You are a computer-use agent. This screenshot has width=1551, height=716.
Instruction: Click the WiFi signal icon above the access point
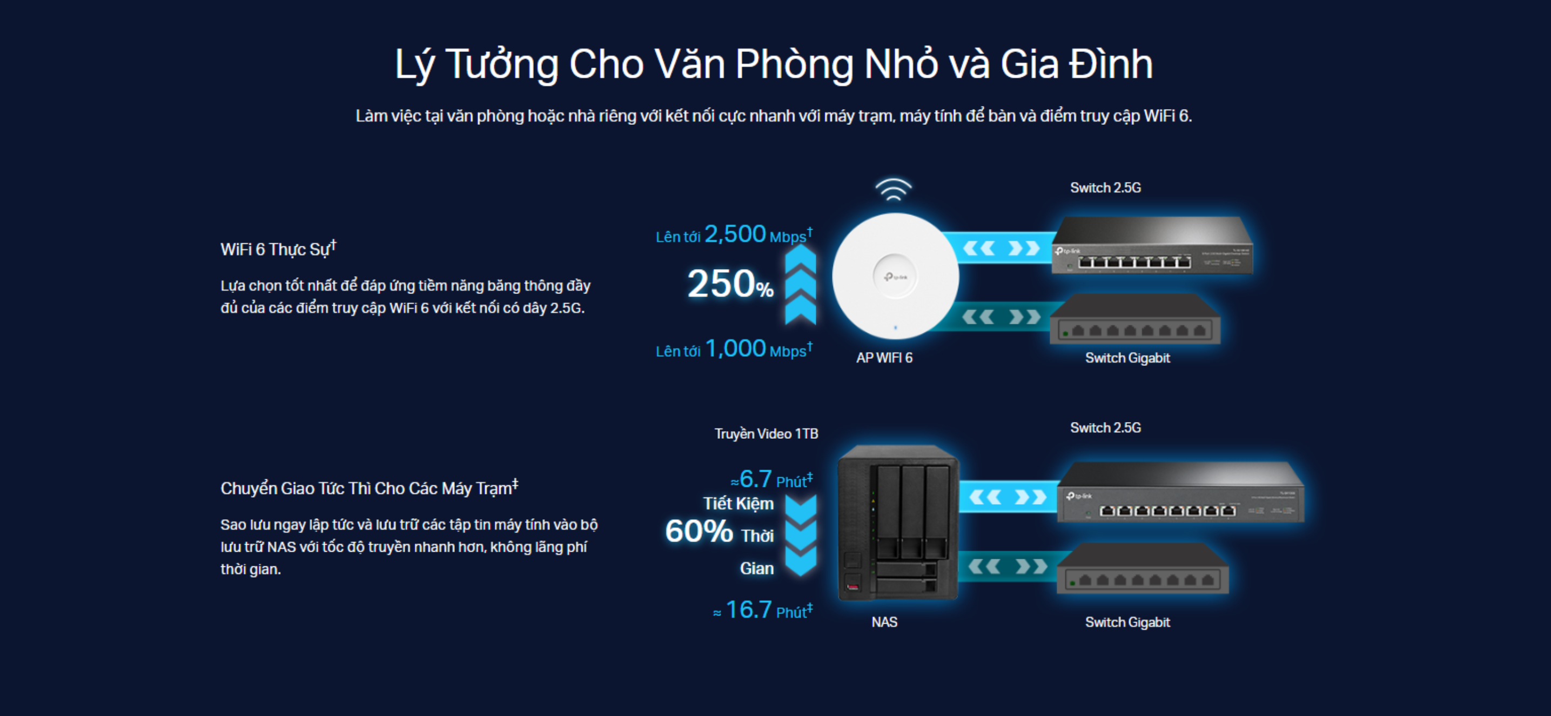893,189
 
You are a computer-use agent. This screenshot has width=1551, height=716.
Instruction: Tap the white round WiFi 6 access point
895,276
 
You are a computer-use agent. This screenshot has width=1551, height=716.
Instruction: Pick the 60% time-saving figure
699,531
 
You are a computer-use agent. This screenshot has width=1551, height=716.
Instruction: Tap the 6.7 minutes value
755,479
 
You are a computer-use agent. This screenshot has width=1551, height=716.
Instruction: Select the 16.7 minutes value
748,610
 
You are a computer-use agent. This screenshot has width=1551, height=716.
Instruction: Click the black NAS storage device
897,523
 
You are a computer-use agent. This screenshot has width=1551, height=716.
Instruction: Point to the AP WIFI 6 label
884,358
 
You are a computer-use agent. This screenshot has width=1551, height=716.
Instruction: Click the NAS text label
884,622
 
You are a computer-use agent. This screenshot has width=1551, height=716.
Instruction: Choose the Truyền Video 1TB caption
766,433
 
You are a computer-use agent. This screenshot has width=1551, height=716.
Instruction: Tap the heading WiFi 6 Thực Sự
278,249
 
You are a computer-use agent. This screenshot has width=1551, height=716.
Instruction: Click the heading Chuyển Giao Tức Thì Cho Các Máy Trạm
368,488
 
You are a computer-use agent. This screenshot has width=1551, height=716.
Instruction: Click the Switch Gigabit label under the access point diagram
1127,358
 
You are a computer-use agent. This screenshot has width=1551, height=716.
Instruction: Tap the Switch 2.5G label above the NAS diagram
1105,427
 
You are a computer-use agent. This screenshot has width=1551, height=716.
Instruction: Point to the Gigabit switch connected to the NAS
1142,570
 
